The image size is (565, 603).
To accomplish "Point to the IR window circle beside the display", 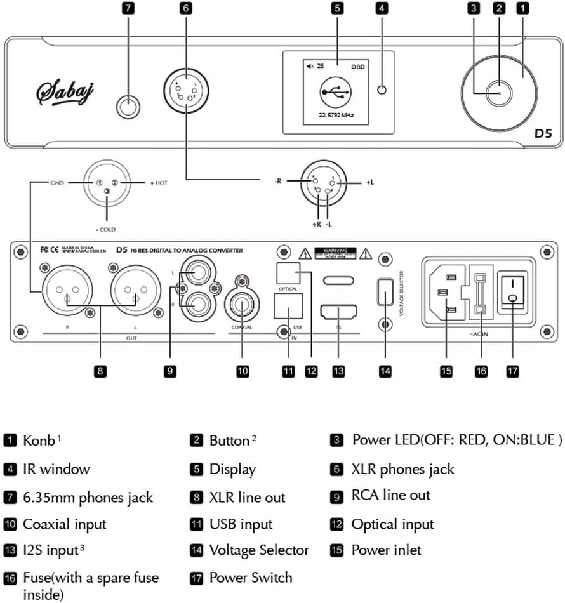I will (x=382, y=89).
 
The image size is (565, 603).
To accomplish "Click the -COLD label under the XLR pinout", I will (x=106, y=229).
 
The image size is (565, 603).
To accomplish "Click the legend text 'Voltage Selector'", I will (x=259, y=550).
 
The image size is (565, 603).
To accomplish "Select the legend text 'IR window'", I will (x=56, y=469).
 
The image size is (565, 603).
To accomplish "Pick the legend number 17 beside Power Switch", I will (x=197, y=578).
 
